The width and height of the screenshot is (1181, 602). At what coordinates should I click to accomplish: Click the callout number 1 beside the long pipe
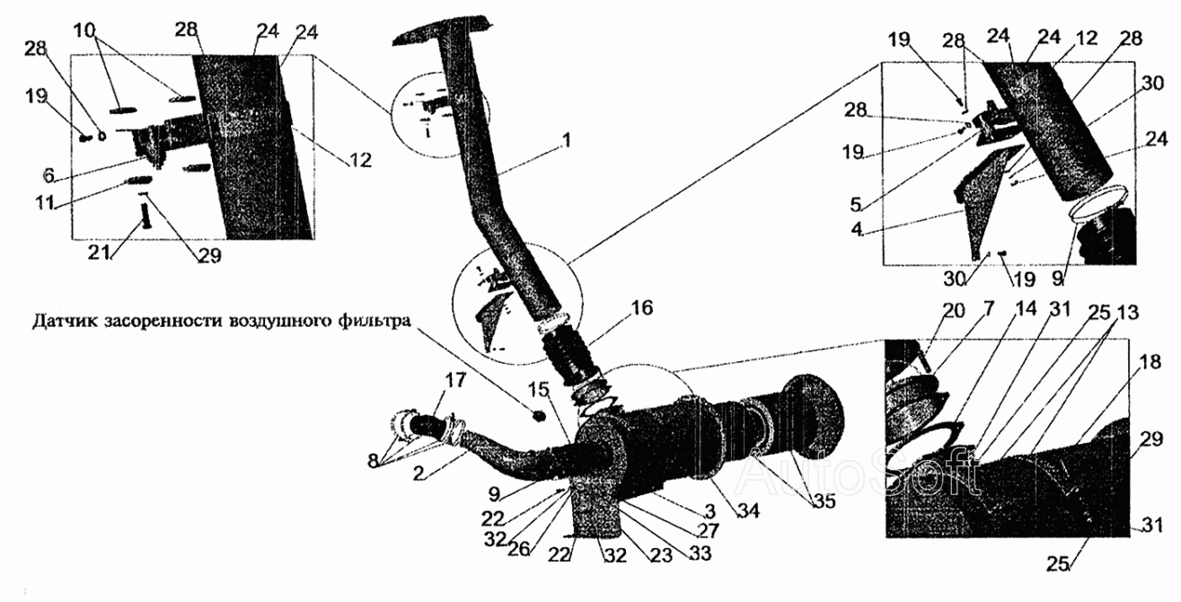566,140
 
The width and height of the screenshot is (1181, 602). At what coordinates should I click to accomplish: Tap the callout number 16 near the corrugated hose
641,307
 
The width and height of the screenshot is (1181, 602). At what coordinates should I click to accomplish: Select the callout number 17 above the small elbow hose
455,380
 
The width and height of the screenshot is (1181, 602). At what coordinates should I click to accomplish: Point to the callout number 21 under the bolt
98,252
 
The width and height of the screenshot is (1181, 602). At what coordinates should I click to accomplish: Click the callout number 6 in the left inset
48,176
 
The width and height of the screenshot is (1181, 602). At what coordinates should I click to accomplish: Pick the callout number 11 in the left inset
45,202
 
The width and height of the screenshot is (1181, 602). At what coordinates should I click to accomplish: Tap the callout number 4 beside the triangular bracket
857,229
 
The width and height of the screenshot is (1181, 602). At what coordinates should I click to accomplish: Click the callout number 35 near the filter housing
824,501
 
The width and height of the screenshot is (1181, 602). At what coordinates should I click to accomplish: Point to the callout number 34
747,509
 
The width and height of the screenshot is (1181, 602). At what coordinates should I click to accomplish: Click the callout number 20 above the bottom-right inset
953,311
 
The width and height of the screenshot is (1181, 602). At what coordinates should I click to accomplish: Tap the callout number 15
539,390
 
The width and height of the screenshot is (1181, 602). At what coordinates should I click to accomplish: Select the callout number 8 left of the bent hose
374,461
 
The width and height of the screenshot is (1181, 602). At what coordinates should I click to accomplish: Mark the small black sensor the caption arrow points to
538,416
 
